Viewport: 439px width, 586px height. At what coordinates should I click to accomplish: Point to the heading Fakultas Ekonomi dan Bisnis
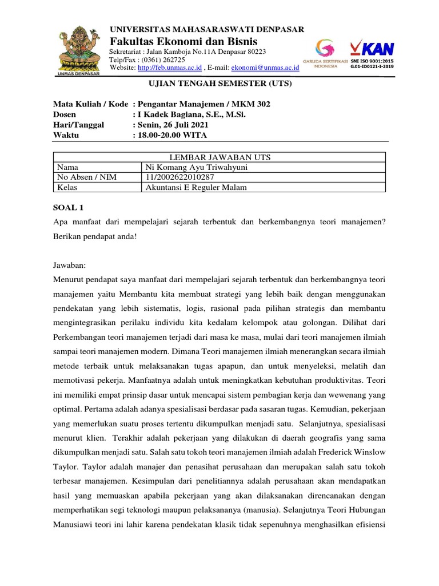[x=183, y=42]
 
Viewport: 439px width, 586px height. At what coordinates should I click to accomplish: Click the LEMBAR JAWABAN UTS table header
[x=220, y=157]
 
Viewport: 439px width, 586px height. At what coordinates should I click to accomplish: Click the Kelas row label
[x=67, y=187]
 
